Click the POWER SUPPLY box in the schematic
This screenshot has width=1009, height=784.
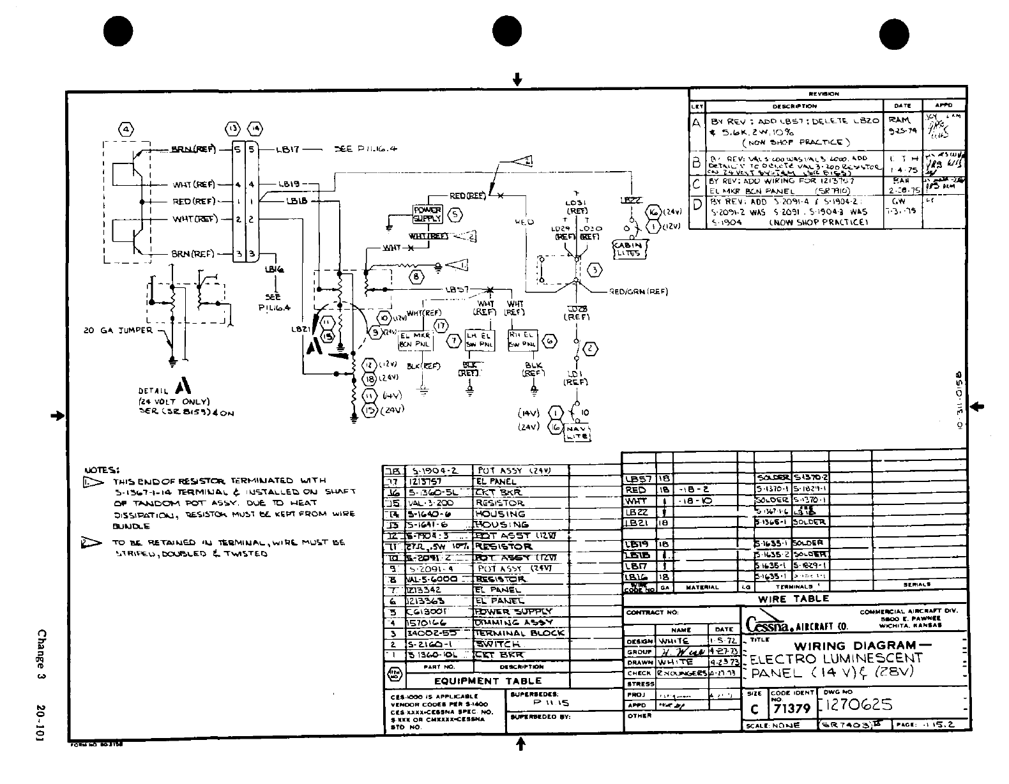coord(427,214)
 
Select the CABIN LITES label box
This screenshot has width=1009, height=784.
coord(629,249)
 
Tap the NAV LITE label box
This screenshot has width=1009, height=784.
coord(577,433)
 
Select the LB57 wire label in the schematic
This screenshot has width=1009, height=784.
coord(457,290)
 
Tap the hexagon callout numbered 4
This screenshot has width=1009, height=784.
coord(126,130)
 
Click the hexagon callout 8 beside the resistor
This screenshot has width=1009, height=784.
coord(417,276)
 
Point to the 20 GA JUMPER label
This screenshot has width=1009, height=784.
coord(118,330)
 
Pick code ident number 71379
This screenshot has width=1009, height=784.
coord(792,708)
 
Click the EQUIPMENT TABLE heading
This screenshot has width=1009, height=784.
coord(487,681)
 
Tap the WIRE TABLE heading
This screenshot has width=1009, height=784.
coord(793,599)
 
